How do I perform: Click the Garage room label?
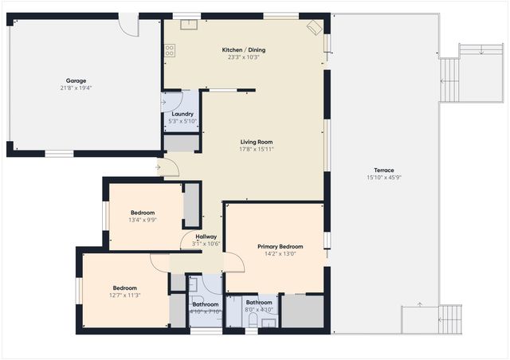pyautogui.click(x=76, y=80)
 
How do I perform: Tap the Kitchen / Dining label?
pyautogui.click(x=244, y=50)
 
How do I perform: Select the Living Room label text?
pyautogui.click(x=257, y=143)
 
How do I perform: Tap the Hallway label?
pyautogui.click(x=206, y=237)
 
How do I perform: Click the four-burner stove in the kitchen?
pyautogui.click(x=170, y=49)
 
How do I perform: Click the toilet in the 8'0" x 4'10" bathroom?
pyautogui.click(x=253, y=320)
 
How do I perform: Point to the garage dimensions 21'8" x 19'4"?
pyautogui.click(x=76, y=88)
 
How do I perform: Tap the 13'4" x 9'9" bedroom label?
pyautogui.click(x=143, y=213)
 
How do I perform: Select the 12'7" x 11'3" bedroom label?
pyautogui.click(x=125, y=288)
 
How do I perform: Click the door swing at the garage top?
pyautogui.click(x=128, y=24)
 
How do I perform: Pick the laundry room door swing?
pyautogui.click(x=173, y=101)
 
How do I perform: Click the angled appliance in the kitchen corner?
pyautogui.click(x=314, y=27)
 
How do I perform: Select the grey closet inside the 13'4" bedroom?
pyautogui.click(x=191, y=206)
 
